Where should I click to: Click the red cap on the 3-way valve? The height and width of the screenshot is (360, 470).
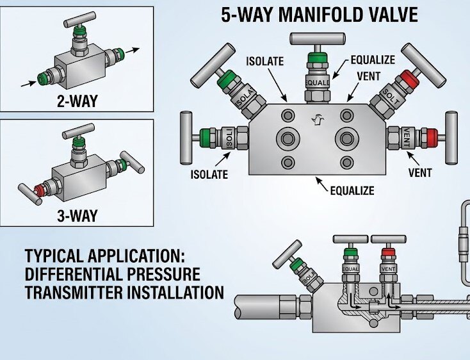tap(40, 190)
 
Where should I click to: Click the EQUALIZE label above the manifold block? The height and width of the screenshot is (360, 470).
tap(373, 60)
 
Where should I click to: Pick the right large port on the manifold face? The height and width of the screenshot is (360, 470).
tap(347, 139)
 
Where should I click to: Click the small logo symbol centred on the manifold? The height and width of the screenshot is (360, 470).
tap(316, 118)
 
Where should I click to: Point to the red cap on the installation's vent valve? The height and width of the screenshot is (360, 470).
tap(387, 253)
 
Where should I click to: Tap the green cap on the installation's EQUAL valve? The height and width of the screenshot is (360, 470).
tap(350, 253)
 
